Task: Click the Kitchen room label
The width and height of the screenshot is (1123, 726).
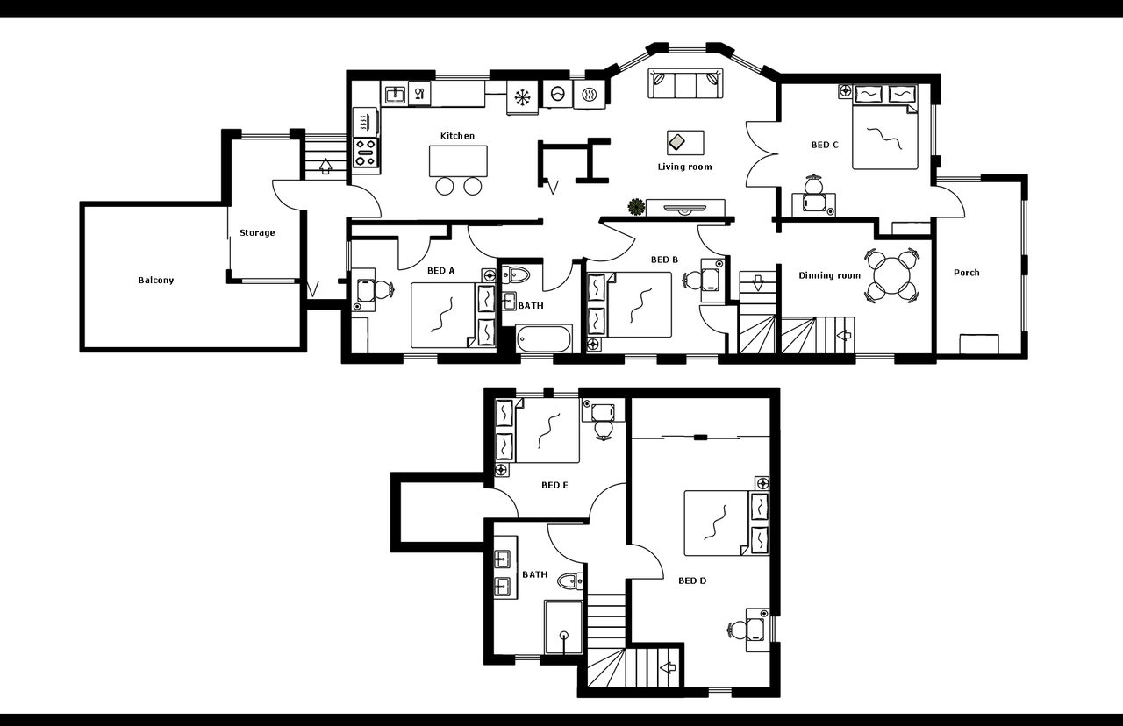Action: coord(457,136)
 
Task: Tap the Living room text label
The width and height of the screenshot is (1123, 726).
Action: coord(684,167)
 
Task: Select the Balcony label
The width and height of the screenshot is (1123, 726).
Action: coord(156,280)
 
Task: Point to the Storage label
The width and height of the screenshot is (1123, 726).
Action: coord(257,232)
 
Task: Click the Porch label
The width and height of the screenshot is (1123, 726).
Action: coord(966,273)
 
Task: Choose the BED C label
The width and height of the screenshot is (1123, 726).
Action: coord(824,145)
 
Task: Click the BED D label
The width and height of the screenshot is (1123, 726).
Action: coord(692,580)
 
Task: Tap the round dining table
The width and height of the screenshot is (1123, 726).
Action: coord(892,275)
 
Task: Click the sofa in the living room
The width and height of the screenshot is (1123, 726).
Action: coord(685,83)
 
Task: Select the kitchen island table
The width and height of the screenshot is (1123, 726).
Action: coord(458,160)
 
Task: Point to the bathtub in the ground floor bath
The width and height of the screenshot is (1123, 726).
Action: coord(544,339)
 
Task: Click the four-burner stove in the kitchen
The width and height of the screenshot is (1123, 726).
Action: coord(366,153)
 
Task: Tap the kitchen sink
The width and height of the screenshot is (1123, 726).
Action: coord(395,94)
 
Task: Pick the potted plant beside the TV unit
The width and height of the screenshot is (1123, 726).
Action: coord(636,206)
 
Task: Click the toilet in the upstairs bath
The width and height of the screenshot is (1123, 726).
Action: coord(570,581)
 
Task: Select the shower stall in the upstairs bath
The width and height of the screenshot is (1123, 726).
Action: coord(564,627)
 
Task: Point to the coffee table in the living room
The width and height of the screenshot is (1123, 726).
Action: coord(685,143)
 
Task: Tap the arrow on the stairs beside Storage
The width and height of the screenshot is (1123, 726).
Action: coord(325,166)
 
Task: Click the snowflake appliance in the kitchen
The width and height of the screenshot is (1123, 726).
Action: coord(522,96)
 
